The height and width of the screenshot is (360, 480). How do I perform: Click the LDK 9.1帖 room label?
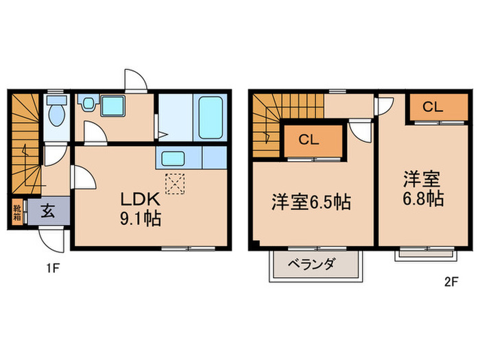click(141, 209)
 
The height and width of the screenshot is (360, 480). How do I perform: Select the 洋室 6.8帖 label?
click(422, 190)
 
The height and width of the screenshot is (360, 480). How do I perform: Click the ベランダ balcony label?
click(315, 264)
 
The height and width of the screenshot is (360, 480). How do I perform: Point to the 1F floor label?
click(53, 269)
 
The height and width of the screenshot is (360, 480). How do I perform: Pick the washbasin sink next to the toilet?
click(88, 105)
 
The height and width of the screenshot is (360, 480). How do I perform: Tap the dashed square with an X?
click(176, 182)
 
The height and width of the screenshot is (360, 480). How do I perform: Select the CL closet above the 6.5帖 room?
click(309, 140)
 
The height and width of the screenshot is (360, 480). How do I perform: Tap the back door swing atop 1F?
click(134, 80)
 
